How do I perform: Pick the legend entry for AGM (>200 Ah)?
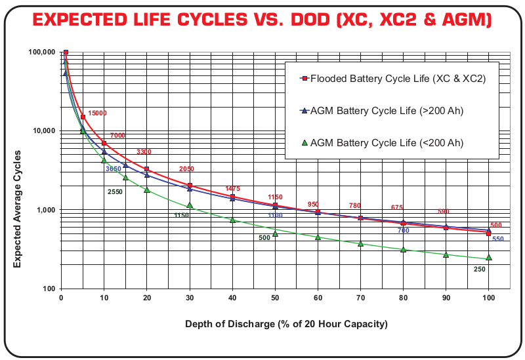pos(387,110)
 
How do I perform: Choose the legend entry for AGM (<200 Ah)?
pos(387,142)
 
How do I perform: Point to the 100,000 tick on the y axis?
pos(41,52)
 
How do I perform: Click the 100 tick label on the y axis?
pos(47,289)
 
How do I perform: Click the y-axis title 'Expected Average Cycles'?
pos(18,209)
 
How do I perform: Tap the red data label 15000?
pos(97,113)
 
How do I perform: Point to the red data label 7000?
pos(117,135)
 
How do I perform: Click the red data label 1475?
pos(233,189)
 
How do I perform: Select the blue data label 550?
pos(498,239)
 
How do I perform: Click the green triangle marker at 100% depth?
pos(488,258)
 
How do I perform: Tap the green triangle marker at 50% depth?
pos(275,233)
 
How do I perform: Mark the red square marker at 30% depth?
pos(190,186)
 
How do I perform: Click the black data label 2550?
pos(115,191)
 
